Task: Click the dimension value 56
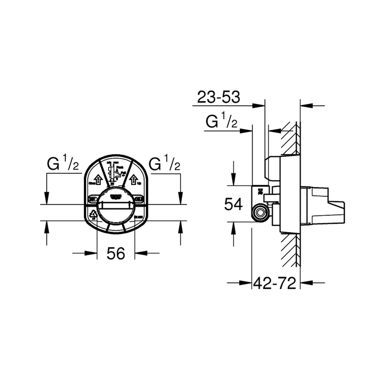click(116, 253)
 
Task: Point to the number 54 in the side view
click(233, 204)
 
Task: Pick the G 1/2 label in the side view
click(221, 122)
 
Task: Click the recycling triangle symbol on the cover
click(94, 215)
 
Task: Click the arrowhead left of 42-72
click(246, 283)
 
